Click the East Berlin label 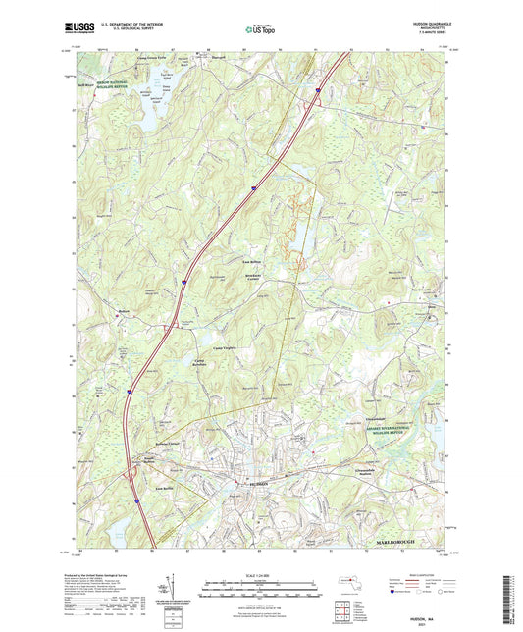(x=134, y=488)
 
